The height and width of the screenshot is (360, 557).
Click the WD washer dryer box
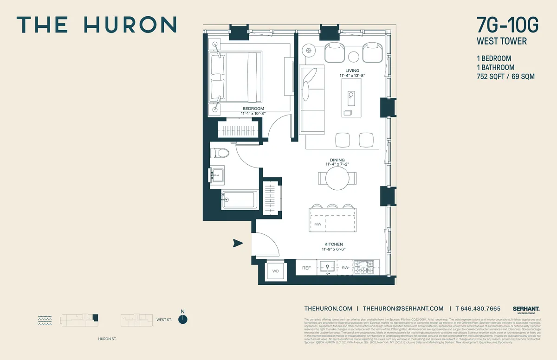coord(275,271)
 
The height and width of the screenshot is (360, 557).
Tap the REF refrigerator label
coord(306,268)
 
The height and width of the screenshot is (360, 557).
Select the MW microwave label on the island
coord(318,224)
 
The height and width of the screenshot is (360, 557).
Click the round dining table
coord(337,178)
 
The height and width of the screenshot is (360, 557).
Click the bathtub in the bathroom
coord(239,200)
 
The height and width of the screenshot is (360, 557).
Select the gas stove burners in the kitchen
coord(366,267)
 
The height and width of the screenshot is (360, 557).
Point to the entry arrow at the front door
coord(238,243)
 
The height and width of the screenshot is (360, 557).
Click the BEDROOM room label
coord(253,109)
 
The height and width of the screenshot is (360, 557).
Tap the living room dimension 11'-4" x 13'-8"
coord(352,75)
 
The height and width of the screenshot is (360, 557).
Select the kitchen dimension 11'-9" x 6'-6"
coord(334,249)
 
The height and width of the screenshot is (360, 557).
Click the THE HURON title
coord(97,25)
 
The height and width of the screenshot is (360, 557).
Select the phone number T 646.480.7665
coord(478,309)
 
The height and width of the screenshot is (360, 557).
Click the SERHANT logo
coord(526,309)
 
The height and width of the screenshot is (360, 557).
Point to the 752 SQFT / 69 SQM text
coord(505,77)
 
